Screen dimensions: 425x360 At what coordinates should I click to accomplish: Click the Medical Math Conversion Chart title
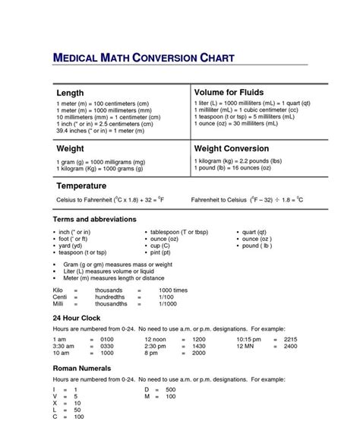(144, 58)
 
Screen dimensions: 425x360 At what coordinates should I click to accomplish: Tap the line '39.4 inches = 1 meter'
(100, 130)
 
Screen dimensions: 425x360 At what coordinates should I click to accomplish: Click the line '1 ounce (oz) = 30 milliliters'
(246, 123)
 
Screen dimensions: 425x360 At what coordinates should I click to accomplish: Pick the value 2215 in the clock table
(290, 338)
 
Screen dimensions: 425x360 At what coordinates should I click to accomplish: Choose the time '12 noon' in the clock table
(156, 338)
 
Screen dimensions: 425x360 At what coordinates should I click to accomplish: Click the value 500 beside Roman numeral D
(170, 389)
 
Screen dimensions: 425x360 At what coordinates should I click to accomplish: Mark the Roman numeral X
(54, 403)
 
